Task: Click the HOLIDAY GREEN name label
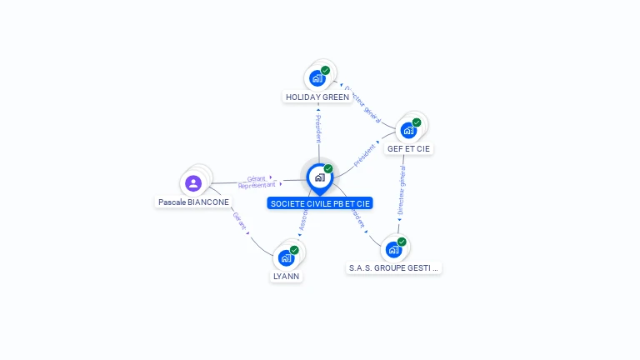click(x=317, y=97)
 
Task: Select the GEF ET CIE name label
click(x=409, y=149)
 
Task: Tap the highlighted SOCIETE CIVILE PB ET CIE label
click(x=320, y=203)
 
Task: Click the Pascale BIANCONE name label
click(x=193, y=202)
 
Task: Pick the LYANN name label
click(x=286, y=276)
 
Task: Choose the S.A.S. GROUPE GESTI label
click(x=394, y=268)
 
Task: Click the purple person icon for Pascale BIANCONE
click(x=193, y=183)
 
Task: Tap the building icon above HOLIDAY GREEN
click(x=317, y=78)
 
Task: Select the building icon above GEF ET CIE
click(x=407, y=130)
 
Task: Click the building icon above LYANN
click(x=286, y=257)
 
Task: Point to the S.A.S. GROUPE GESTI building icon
click(x=393, y=249)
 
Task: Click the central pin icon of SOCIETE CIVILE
click(x=319, y=177)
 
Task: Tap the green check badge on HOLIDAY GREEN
click(x=325, y=71)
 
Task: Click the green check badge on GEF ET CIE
click(x=417, y=122)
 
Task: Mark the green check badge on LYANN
click(x=294, y=250)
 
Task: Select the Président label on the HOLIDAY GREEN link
click(x=317, y=128)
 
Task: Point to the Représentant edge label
click(x=257, y=185)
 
